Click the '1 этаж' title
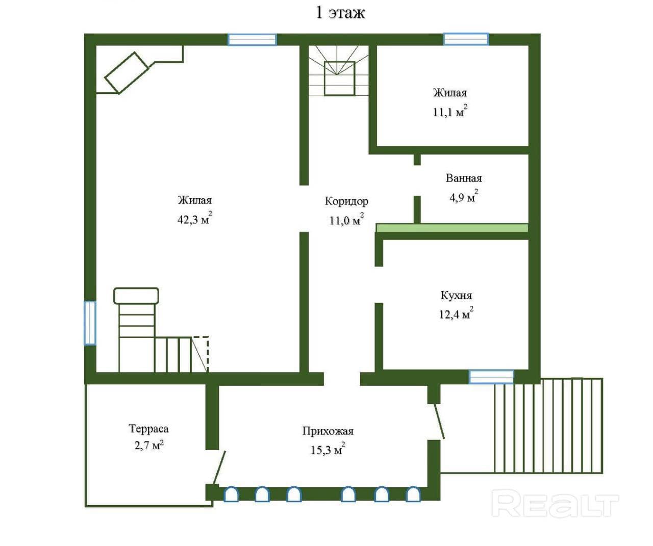[x=340, y=13]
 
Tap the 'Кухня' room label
[x=456, y=295]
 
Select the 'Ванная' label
[x=464, y=178]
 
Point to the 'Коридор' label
[x=346, y=201]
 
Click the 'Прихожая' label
[x=328, y=431]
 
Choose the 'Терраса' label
[x=148, y=428]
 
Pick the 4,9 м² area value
[x=464, y=197]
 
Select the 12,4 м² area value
[x=456, y=313]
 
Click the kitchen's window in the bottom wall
[x=491, y=377]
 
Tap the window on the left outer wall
[x=90, y=323]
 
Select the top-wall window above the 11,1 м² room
[x=466, y=39]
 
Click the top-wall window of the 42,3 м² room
[x=252, y=40]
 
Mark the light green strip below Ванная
[x=452, y=227]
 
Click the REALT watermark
[x=555, y=505]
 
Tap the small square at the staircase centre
[x=339, y=79]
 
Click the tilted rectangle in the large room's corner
[x=127, y=73]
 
